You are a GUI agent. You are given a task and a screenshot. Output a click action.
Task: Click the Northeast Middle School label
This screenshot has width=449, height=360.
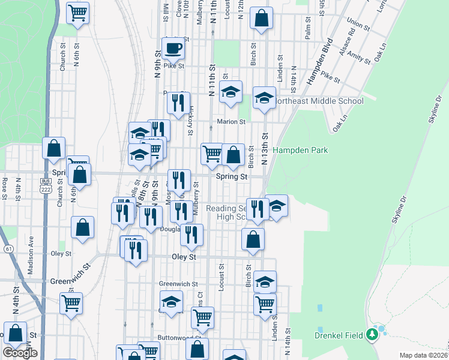click(319, 101)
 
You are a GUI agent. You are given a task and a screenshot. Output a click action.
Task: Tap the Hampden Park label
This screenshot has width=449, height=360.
click(301, 150)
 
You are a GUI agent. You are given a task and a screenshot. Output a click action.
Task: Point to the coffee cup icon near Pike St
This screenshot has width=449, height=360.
click(173, 48)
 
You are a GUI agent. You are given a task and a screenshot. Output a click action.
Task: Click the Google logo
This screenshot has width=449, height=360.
click(20, 353)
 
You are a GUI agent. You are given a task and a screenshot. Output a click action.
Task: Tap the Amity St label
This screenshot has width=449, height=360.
click(358, 58)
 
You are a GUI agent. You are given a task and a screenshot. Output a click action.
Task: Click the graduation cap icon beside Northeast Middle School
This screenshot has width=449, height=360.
click(264, 98)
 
